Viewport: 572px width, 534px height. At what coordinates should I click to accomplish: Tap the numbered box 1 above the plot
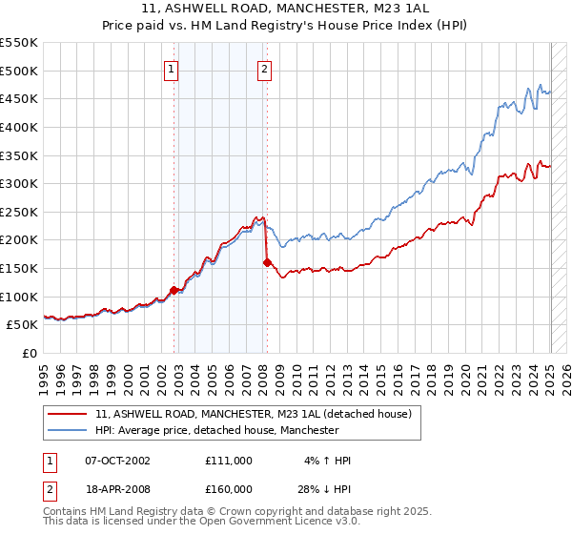(x=171, y=68)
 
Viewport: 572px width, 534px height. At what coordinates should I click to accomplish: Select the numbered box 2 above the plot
(x=263, y=68)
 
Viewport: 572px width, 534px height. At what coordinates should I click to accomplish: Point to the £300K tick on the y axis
(x=19, y=183)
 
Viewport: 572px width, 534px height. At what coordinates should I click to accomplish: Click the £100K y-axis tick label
(x=19, y=297)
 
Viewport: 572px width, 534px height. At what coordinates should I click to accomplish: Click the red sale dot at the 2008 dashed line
(x=267, y=262)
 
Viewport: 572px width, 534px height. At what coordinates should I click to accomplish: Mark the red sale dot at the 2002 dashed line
(x=174, y=290)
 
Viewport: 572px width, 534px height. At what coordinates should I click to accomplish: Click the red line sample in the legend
(x=68, y=414)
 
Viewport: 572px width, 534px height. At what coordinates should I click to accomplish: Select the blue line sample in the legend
(x=68, y=430)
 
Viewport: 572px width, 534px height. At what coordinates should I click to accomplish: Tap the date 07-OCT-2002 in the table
(x=117, y=461)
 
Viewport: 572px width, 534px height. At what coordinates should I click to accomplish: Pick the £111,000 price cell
(x=228, y=461)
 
